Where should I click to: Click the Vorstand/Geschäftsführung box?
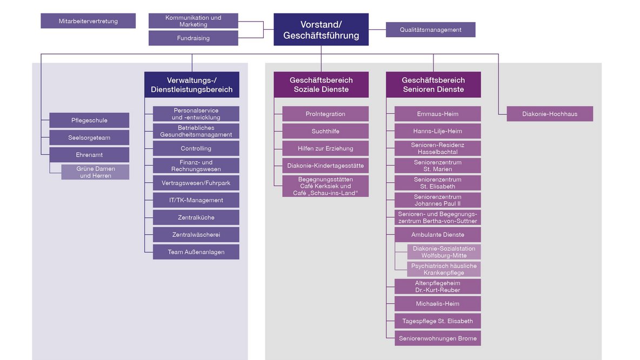[321, 29]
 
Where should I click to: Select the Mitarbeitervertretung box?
[88, 21]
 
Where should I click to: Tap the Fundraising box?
[193, 38]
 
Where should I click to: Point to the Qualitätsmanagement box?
[431, 29]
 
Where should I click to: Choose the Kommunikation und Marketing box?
[193, 21]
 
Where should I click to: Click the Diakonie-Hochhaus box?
[550, 114]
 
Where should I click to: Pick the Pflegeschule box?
[89, 121]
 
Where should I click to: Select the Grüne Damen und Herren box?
[96, 172]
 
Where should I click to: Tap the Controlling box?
[196, 148]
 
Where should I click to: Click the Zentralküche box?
[196, 217]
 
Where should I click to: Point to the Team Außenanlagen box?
[196, 252]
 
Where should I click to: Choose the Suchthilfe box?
[325, 131]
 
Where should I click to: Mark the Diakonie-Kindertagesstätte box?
[325, 166]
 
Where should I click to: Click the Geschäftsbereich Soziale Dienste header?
[321, 84]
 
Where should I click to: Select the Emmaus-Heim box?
[437, 114]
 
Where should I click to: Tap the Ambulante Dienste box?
[437, 235]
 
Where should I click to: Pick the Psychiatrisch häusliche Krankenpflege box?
[444, 269]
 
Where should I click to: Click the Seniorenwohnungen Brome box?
[437, 338]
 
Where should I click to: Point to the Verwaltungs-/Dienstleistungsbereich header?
[192, 84]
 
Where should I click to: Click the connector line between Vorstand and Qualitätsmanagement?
[377, 29]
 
